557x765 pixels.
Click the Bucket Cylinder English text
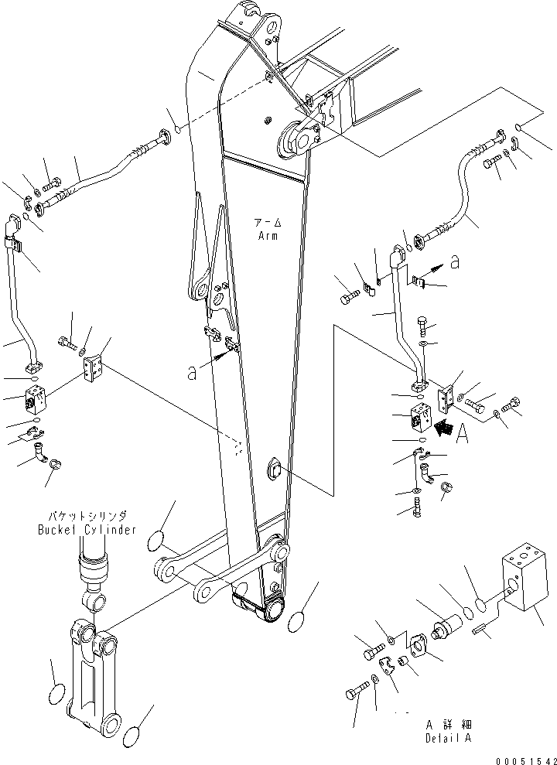(87, 530)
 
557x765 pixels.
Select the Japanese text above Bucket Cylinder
(87, 514)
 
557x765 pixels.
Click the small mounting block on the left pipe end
(36, 398)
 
